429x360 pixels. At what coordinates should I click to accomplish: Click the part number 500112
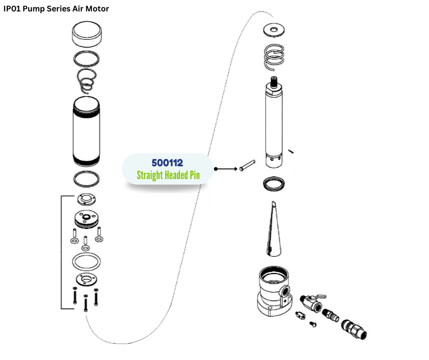pyautogui.click(x=167, y=163)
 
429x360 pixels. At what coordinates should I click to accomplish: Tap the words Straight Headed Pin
pyautogui.click(x=168, y=175)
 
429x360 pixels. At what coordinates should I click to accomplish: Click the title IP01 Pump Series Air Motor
pyautogui.click(x=57, y=9)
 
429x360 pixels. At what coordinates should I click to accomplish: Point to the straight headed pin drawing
pyautogui.click(x=247, y=165)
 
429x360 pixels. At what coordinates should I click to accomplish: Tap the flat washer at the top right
pyautogui.click(x=274, y=30)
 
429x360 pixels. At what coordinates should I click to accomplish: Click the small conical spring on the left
pyautogui.click(x=86, y=81)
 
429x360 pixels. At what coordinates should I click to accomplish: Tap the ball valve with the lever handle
pyautogui.click(x=310, y=302)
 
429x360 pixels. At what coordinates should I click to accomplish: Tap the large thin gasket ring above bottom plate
pyautogui.click(x=86, y=263)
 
